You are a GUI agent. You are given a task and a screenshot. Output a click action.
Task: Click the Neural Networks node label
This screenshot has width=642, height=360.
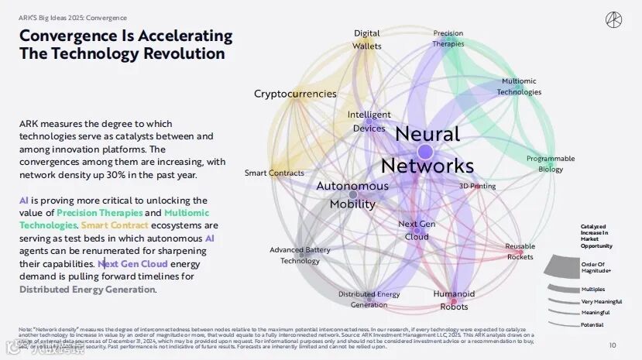point(427,149)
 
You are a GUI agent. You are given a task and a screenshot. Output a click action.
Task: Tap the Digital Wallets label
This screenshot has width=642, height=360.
point(367,39)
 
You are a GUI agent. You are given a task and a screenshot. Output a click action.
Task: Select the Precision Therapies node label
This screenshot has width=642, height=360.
point(448,39)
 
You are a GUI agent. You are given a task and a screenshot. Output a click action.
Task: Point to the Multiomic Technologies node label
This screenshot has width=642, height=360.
point(519,86)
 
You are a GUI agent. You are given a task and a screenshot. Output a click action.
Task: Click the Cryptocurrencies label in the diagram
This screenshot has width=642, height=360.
point(295,94)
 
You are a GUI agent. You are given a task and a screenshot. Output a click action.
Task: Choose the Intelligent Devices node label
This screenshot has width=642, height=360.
point(369,122)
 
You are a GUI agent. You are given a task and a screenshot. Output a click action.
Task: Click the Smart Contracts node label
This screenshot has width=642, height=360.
point(274,173)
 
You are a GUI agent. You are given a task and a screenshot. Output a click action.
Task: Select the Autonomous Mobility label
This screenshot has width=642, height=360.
point(352,195)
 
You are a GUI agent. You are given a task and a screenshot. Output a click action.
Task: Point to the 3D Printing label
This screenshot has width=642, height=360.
point(477,186)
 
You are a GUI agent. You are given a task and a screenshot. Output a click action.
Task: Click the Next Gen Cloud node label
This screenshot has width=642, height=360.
point(417,230)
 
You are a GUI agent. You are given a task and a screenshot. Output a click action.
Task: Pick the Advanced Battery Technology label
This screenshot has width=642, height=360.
point(300,255)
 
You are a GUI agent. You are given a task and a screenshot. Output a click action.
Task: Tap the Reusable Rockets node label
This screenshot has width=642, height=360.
point(520,252)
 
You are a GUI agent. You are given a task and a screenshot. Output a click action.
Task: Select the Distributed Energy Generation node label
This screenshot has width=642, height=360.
point(369,299)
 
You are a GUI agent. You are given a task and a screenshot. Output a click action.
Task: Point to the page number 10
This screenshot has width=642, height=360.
point(612,345)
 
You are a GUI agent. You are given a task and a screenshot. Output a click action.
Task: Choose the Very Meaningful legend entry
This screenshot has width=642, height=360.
point(602,301)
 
